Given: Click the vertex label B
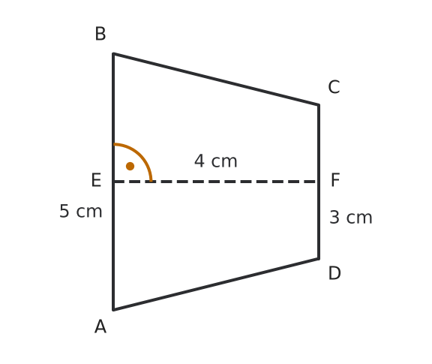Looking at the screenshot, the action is (x=100, y=34).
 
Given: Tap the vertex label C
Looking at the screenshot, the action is (x=334, y=87).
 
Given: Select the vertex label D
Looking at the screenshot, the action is (x=334, y=273).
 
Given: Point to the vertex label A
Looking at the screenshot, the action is (x=100, y=326).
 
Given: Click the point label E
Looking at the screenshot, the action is (x=96, y=180).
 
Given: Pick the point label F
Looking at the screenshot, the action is (x=335, y=180).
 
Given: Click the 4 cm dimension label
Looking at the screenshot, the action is (x=216, y=161).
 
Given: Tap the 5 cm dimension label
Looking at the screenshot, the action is (x=81, y=211).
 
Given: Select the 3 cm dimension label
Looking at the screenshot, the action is (x=351, y=218).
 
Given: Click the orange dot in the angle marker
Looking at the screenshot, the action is (x=130, y=167).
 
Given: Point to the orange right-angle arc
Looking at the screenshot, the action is (x=140, y=155).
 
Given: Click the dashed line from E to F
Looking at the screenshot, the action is (x=216, y=182).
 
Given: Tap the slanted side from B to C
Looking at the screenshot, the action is (x=216, y=79).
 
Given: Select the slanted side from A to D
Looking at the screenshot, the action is (x=216, y=284).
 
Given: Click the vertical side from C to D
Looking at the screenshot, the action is (x=319, y=182).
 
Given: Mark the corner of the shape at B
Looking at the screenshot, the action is (x=113, y=53).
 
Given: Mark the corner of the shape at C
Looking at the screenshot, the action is (x=319, y=105).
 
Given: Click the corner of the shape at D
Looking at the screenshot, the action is (x=319, y=259).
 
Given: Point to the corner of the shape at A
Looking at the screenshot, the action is (x=113, y=310).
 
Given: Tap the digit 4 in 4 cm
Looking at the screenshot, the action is (x=199, y=161).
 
